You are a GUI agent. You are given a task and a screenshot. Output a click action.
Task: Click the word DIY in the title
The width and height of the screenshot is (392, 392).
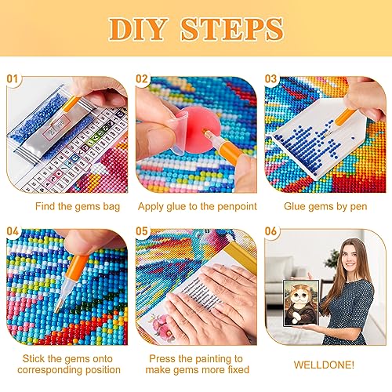point(138,29)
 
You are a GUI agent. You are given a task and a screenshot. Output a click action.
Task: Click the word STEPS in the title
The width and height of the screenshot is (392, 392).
point(232,29)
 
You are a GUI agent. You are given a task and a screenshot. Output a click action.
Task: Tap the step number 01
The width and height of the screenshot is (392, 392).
point(13,78)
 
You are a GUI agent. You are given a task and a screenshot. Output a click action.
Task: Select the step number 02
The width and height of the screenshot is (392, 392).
point(142,78)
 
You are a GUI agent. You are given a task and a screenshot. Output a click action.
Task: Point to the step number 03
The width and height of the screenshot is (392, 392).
point(270,78)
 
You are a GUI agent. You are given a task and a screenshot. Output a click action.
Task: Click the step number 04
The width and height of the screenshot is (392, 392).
point(13,231)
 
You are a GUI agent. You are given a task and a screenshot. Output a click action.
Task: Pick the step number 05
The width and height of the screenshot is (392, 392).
point(142,231)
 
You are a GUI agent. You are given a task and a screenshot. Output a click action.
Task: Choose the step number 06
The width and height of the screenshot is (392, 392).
point(270,231)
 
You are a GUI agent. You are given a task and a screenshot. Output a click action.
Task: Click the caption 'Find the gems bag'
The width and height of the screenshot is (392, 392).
point(78,207)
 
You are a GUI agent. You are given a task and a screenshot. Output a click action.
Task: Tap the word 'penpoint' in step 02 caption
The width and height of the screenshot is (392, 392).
point(237,207)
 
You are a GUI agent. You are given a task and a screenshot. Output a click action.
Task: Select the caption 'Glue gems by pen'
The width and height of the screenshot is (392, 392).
point(325,207)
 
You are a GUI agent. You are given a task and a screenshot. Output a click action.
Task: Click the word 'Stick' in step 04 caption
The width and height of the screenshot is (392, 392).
point(34,358)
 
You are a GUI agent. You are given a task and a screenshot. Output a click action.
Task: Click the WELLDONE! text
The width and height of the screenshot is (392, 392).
point(324,365)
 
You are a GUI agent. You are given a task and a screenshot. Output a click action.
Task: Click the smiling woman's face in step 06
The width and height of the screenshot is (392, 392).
point(350,256)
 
